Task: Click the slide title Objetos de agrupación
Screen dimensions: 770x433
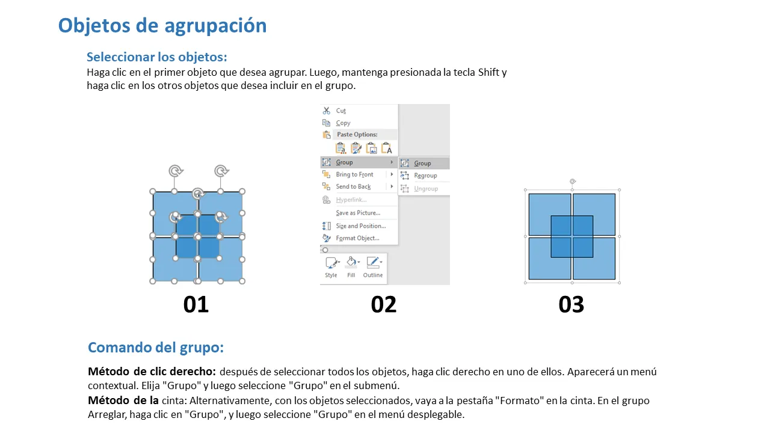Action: tap(162, 26)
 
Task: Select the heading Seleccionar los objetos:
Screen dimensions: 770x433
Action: tap(157, 57)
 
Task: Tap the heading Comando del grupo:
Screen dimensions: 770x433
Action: tap(156, 348)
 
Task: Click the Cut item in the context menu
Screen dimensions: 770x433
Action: tap(340, 111)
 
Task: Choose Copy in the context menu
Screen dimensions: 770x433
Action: tap(343, 123)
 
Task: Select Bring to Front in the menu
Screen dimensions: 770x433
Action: tap(354, 174)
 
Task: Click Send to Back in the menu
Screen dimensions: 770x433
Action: tap(353, 186)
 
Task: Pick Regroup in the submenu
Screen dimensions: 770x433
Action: tap(425, 176)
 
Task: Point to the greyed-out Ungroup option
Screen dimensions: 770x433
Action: tap(426, 188)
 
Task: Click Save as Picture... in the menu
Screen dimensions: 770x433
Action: tap(358, 213)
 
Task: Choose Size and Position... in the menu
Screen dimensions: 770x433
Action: tap(361, 226)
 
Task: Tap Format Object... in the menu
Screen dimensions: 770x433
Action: tap(357, 238)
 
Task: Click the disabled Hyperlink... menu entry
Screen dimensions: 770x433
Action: tap(351, 200)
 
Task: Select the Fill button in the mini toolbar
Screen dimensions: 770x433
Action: tap(351, 267)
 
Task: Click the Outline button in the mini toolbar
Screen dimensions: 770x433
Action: tap(373, 267)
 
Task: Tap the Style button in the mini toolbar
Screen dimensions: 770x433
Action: tap(331, 267)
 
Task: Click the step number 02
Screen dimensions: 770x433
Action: tap(384, 304)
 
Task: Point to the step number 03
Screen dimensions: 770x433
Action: tap(571, 304)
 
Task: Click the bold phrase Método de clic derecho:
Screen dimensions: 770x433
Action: tap(152, 372)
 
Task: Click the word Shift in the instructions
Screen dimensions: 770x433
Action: tap(488, 72)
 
